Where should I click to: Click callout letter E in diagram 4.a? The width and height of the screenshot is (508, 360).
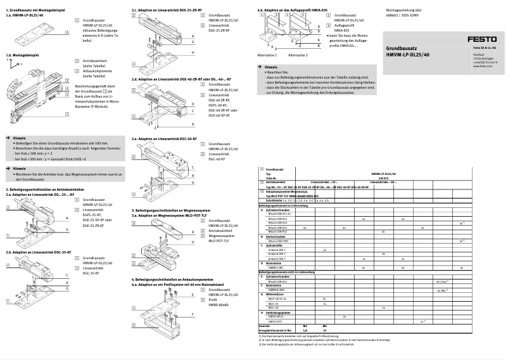[x=193, y=295]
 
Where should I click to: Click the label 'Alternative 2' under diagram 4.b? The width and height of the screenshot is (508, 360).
[x=298, y=55]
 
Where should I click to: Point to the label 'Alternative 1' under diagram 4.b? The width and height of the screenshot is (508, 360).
[x=267, y=55]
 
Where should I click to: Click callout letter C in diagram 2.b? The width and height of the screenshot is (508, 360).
[x=67, y=274]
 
